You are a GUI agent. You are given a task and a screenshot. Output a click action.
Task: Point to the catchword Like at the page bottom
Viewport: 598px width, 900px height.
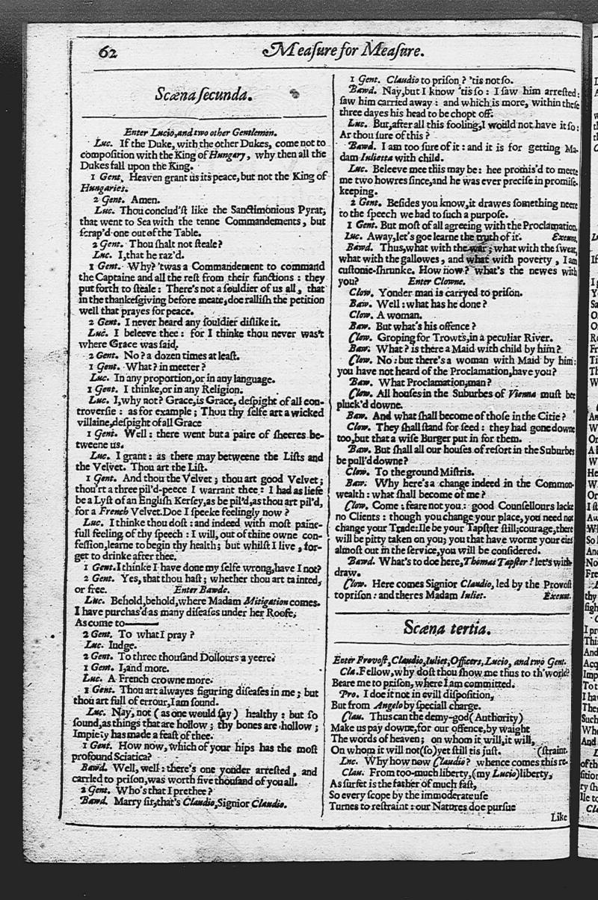(x=559, y=817)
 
